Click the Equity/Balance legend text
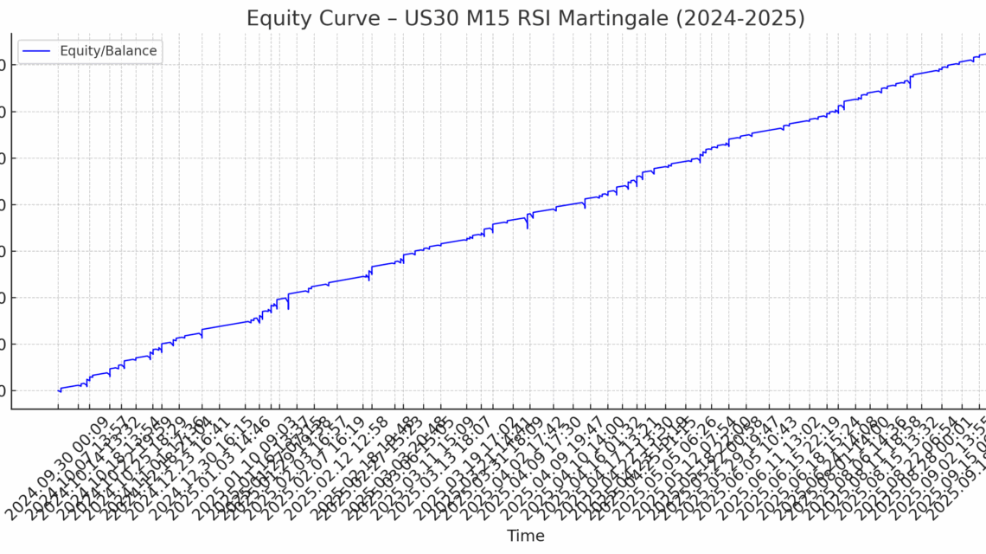coord(108,51)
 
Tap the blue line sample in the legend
coord(38,51)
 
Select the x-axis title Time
coord(526,536)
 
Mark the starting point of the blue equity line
coord(58,390)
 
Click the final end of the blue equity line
coord(984,54)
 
